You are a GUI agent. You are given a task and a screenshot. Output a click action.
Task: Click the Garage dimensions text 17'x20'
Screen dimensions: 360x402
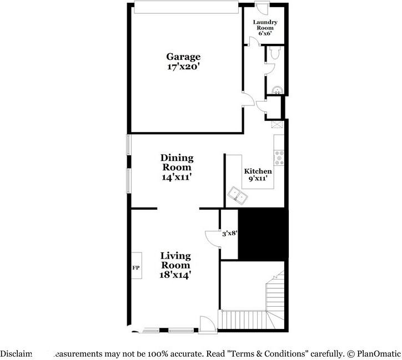pos(183,66)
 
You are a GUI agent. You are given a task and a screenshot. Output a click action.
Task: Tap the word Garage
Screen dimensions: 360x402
pos(183,57)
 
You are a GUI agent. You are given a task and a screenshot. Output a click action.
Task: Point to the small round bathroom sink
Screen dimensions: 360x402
pos(277,90)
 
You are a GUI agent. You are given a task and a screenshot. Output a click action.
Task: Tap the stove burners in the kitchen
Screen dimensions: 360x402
pos(279,158)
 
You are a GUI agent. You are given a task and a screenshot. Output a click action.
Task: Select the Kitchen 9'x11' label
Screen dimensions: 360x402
pos(258,175)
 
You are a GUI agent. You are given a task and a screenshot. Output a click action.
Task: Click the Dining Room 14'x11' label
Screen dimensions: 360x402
pos(177,167)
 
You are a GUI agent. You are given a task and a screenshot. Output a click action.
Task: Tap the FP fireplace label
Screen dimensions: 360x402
pos(135,268)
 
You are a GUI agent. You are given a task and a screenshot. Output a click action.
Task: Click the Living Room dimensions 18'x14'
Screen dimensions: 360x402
pos(176,274)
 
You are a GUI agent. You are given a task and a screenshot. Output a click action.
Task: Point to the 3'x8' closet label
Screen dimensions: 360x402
pos(229,234)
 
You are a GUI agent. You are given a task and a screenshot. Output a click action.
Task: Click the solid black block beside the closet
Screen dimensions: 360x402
pos(263,234)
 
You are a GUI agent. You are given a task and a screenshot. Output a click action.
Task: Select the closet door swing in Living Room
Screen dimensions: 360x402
pos(212,237)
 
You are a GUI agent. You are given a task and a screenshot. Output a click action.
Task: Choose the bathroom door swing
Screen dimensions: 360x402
pos(269,68)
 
